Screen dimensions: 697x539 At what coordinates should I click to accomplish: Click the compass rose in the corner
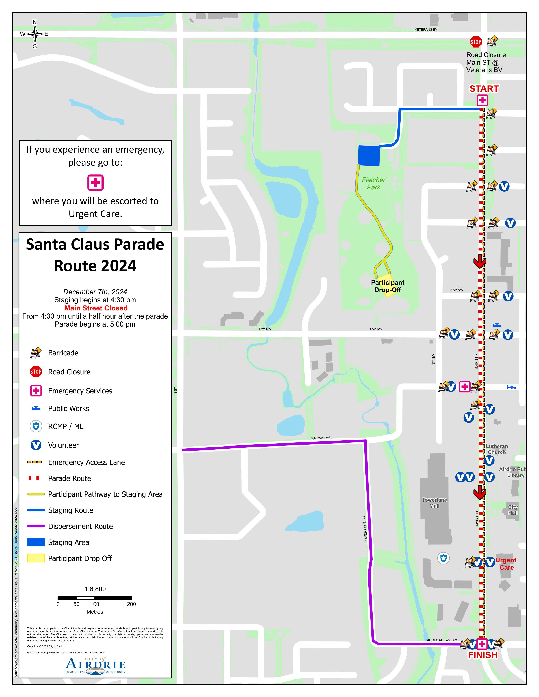click(x=35, y=34)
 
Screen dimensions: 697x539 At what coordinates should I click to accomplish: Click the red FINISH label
click(x=483, y=655)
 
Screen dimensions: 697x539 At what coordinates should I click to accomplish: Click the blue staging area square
click(x=369, y=155)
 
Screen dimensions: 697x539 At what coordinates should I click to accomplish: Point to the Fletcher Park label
click(x=373, y=184)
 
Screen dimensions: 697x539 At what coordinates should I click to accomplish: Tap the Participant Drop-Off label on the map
click(x=388, y=286)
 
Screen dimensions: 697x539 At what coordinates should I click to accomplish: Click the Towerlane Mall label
click(x=434, y=503)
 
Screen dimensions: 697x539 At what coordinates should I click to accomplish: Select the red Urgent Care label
click(x=506, y=564)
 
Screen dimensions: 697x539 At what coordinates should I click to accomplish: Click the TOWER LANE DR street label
click(x=366, y=530)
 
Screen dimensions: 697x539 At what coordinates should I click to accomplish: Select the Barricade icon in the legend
click(x=36, y=353)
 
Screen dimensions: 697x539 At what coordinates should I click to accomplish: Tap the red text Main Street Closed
click(x=96, y=308)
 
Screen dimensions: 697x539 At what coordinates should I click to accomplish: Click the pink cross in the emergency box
click(x=96, y=182)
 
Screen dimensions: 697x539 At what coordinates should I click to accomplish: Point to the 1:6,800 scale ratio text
click(x=95, y=589)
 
